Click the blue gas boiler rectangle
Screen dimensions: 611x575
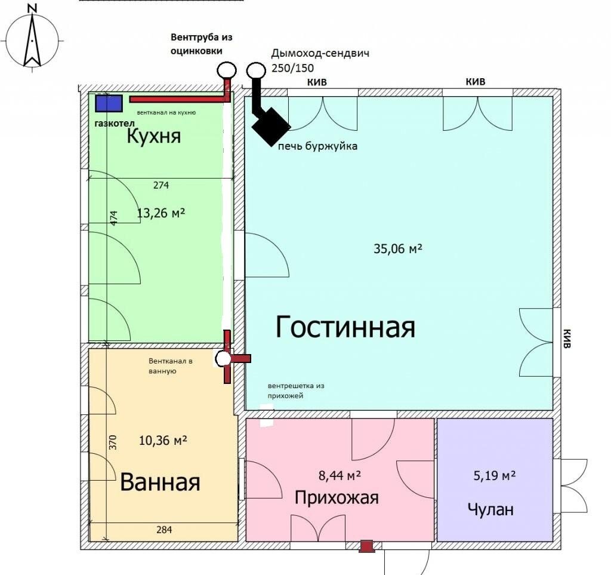tap(109, 103)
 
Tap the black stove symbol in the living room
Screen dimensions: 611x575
tap(271, 126)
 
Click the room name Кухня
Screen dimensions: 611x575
tap(154, 137)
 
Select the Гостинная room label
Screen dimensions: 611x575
tap(345, 327)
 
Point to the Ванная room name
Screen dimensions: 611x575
tap(160, 482)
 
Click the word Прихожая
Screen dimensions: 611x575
tap(337, 498)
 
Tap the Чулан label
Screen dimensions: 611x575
tap(490, 509)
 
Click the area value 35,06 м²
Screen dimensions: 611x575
tap(398, 248)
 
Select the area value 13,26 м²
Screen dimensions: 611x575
tap(161, 213)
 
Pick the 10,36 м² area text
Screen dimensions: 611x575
tap(163, 441)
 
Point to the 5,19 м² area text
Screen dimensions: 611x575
tap(495, 476)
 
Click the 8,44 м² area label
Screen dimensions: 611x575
tap(340, 476)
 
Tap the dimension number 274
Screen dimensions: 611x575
tap(161, 185)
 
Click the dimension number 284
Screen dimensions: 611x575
tap(164, 530)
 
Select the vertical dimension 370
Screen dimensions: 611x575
tap(113, 442)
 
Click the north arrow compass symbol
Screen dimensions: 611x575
tap(32, 39)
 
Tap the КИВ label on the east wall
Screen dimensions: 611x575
tap(567, 339)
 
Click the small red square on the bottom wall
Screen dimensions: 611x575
tap(366, 546)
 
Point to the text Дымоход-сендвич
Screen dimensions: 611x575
tap(320, 53)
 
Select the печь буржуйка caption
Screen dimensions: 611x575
tap(317, 146)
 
